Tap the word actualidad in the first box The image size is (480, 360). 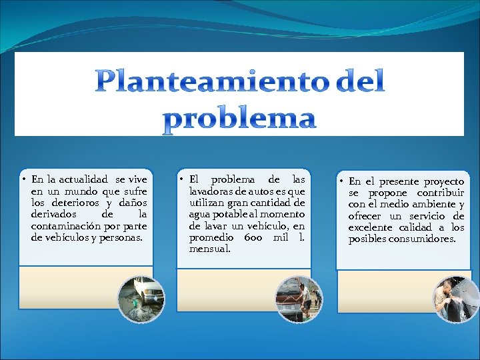pos(84,179)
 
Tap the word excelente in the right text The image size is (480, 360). pos(371,227)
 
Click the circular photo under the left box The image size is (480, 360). pos(141,298)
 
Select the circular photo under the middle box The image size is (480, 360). pos(299,299)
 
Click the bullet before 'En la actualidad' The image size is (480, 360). pos(23,180)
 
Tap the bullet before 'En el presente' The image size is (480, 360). pos(340,181)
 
